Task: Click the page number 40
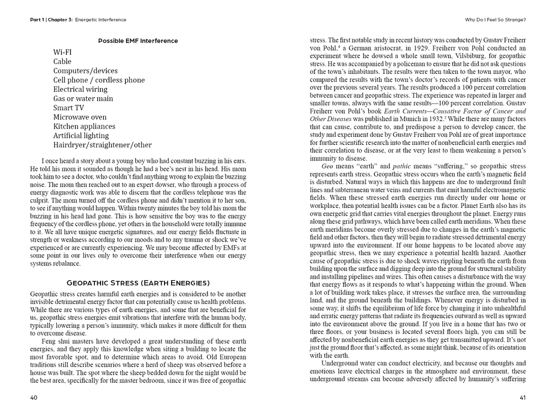tap(34, 397)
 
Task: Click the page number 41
tap(523, 397)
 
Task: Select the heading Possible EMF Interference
tap(138, 41)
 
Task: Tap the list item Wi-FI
tap(62, 52)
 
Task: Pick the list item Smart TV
tap(69, 108)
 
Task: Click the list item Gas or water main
tap(83, 98)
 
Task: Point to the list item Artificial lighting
tap(81, 135)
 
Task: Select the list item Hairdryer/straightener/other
tap(102, 145)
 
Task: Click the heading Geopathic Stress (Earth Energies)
tap(138, 283)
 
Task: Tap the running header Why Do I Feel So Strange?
tap(496, 20)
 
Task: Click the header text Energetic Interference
tap(100, 20)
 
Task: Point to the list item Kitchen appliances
tap(84, 126)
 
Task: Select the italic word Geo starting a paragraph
tap(327, 166)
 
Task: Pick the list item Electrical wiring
tap(80, 89)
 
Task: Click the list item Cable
tap(62, 61)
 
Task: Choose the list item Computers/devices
tap(85, 71)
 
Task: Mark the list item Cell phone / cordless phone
tap(99, 80)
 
